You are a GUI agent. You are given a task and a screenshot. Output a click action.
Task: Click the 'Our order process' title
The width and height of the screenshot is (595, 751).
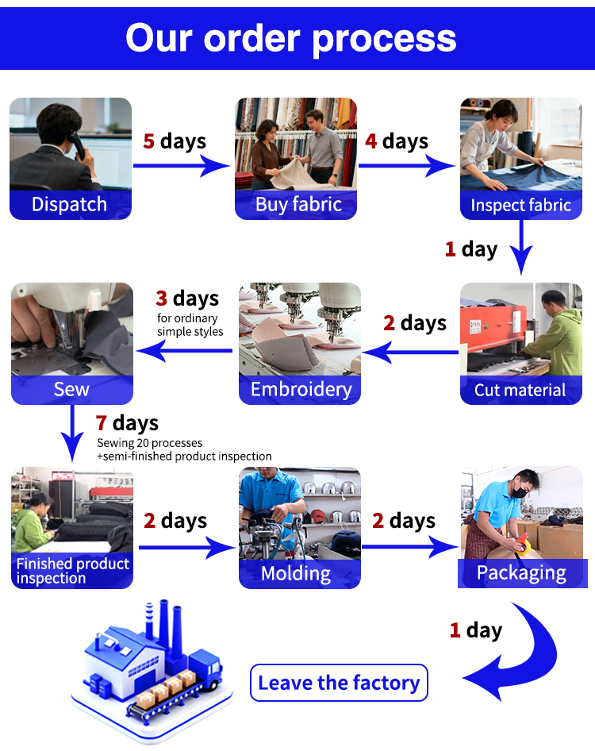click(x=291, y=37)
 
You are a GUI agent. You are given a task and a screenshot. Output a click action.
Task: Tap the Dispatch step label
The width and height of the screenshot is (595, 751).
click(x=70, y=205)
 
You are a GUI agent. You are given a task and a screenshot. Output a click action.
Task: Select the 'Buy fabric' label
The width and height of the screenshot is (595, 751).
click(x=298, y=205)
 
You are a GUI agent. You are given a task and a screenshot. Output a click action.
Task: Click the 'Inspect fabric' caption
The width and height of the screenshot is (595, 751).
click(x=520, y=206)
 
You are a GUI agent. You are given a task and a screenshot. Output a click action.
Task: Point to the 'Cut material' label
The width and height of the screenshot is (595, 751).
click(x=520, y=390)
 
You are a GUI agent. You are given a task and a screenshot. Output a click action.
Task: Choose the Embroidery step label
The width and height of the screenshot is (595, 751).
click(x=301, y=390)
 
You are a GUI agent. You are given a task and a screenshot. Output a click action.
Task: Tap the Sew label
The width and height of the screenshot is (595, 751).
click(x=71, y=390)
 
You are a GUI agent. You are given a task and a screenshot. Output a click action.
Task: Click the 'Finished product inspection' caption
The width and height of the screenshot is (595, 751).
click(x=72, y=571)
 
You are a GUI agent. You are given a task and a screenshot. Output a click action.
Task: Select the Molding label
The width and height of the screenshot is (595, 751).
click(x=296, y=573)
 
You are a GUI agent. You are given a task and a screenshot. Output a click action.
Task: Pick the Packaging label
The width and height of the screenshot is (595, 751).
click(x=521, y=573)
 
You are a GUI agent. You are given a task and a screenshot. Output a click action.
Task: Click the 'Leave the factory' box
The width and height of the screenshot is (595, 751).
click(x=339, y=683)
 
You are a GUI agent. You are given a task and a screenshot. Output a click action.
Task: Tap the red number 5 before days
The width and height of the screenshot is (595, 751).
click(x=148, y=142)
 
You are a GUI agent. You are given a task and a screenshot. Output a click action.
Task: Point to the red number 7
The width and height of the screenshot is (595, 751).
click(x=102, y=423)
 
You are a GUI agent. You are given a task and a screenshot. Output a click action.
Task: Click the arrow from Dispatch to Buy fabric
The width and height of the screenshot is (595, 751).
click(x=181, y=166)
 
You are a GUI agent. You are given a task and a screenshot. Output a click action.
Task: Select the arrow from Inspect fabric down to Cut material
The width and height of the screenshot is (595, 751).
click(x=521, y=249)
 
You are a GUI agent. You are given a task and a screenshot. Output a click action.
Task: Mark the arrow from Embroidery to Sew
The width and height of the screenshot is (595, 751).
click(x=187, y=350)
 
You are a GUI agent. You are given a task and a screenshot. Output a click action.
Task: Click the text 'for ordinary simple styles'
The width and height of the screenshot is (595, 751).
click(x=190, y=325)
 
